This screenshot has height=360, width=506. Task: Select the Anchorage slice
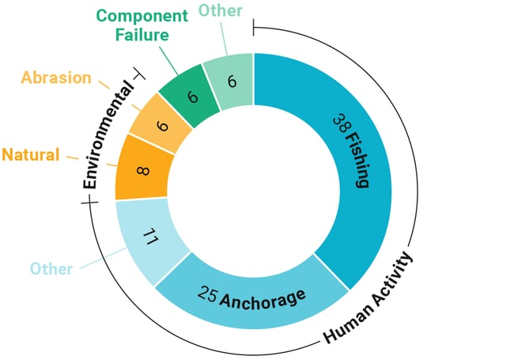coord(251,294)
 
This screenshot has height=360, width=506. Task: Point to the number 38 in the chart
coord(340,124)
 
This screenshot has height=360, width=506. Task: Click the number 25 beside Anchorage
coord(207,294)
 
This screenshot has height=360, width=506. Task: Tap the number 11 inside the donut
coord(150,237)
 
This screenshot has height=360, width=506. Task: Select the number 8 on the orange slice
coord(143,170)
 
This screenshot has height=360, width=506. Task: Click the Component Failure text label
coord(142,25)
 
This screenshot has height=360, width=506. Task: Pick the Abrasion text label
coord(56,78)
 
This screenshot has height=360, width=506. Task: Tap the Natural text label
coord(31,154)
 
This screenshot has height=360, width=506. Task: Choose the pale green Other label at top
coord(221,10)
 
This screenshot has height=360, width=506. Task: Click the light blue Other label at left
coord(51,269)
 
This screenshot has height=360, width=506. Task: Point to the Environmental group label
coord(108,135)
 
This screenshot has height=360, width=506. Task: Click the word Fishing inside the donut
coord(357,160)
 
